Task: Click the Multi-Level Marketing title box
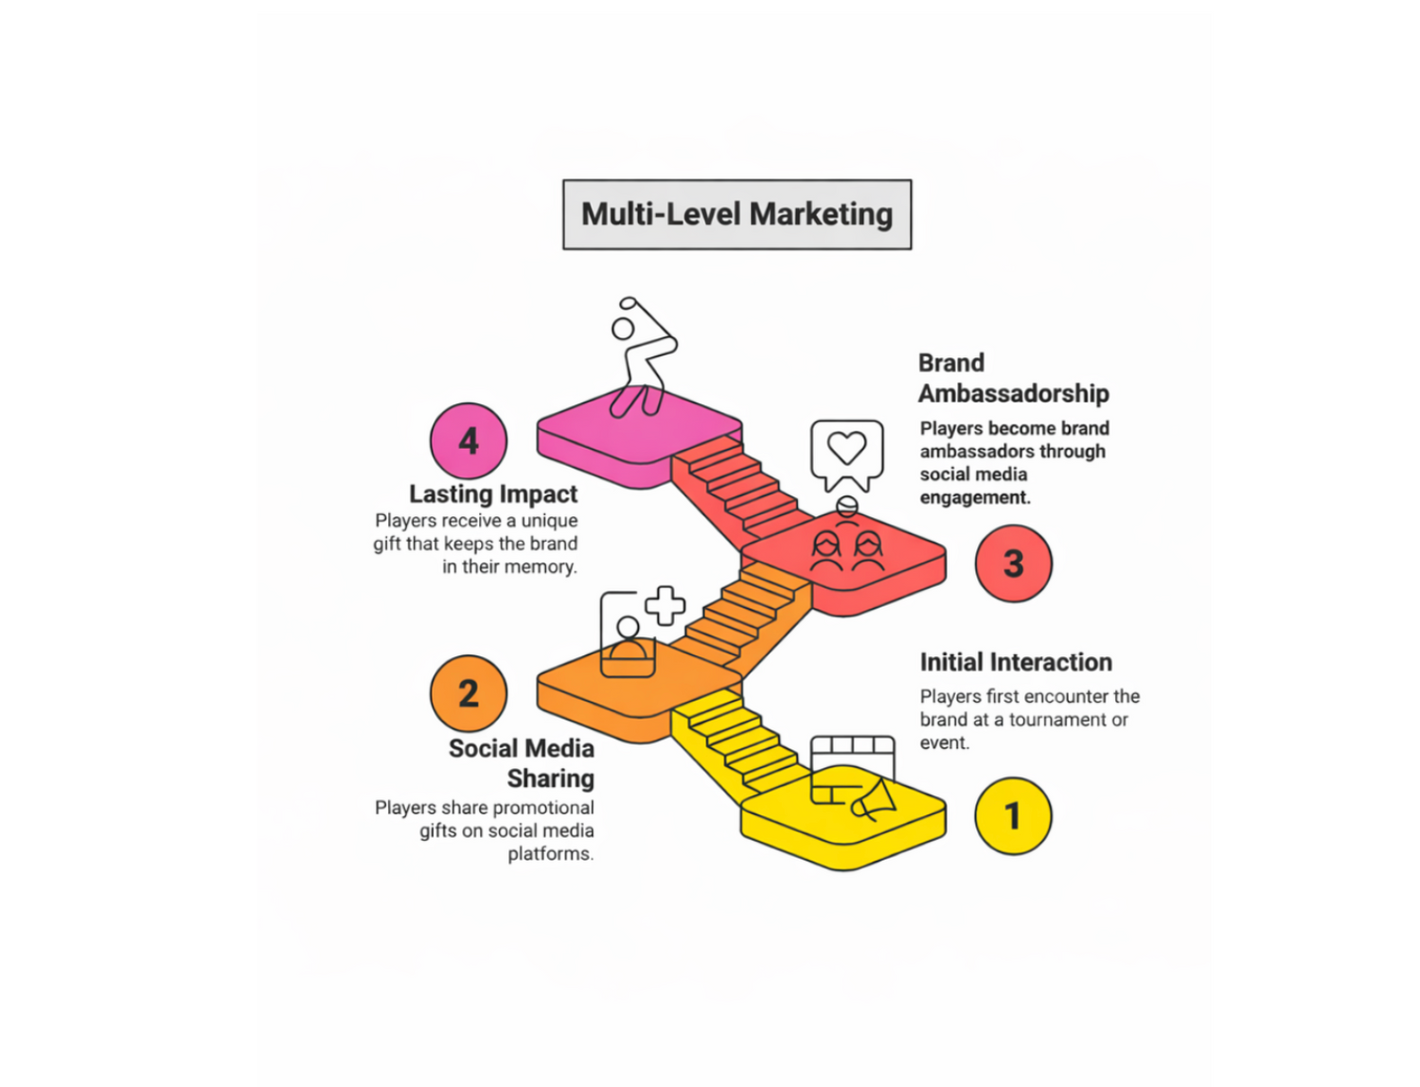pyautogui.click(x=737, y=215)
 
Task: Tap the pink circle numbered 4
pyautogui.click(x=469, y=441)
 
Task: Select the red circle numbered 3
pyautogui.click(x=1013, y=564)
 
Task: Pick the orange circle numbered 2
pyautogui.click(x=469, y=694)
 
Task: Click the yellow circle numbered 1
pyautogui.click(x=1013, y=816)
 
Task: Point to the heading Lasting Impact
pyautogui.click(x=492, y=494)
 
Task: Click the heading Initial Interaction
pyautogui.click(x=1016, y=663)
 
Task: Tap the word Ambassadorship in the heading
pyautogui.click(x=1013, y=394)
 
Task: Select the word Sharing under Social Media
pyautogui.click(x=550, y=779)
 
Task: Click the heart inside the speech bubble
pyautogui.click(x=846, y=447)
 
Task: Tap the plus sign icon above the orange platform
pyautogui.click(x=665, y=606)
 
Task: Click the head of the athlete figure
pyautogui.click(x=623, y=329)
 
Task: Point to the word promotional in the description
pyautogui.click(x=543, y=808)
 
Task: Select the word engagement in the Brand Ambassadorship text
pyautogui.click(x=974, y=498)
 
